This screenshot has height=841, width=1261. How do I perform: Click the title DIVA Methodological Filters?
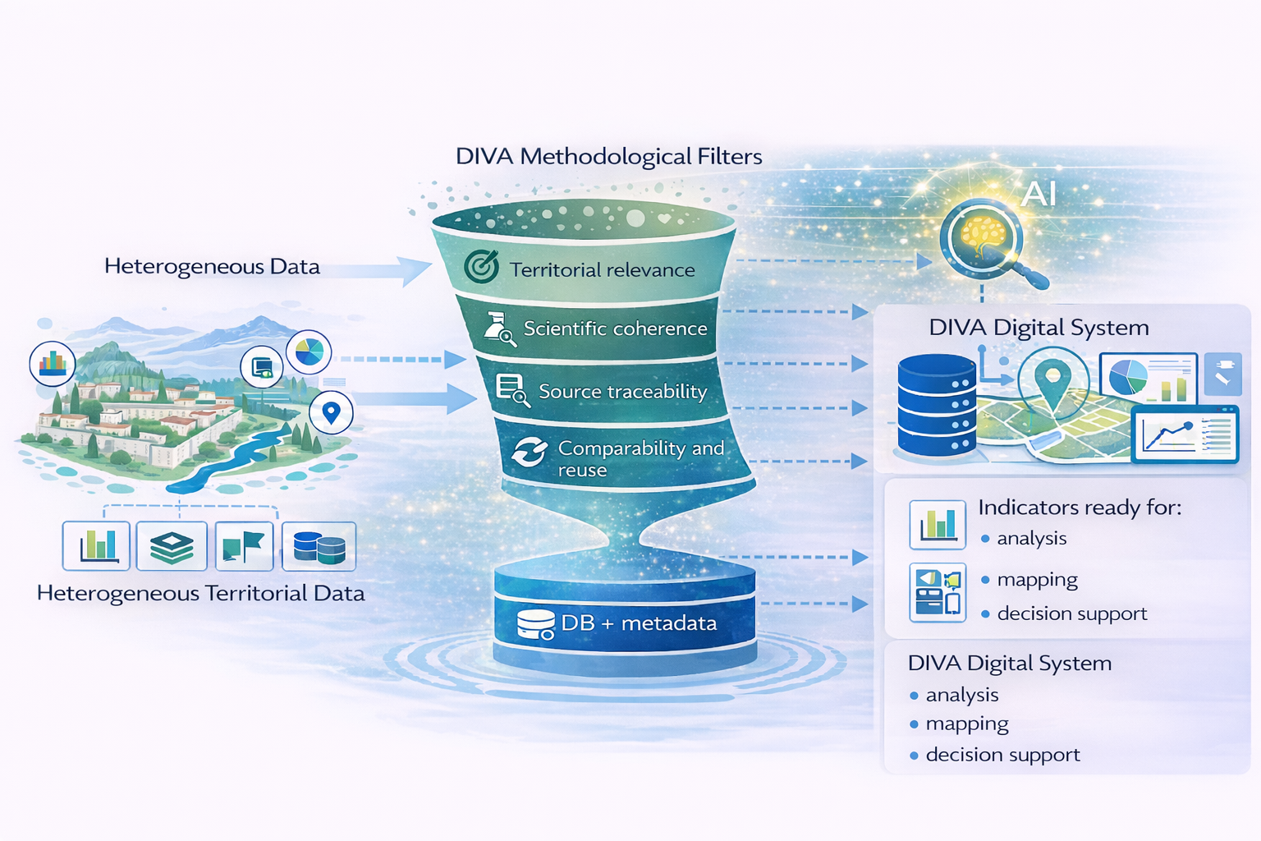[x=608, y=156]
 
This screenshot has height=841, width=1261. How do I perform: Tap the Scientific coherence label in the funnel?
[x=615, y=329]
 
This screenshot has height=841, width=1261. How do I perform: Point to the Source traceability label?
[x=622, y=392]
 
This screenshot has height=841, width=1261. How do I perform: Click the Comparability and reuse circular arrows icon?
[x=530, y=453]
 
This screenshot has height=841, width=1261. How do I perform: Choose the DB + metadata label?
[x=639, y=623]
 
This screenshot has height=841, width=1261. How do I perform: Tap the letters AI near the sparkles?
[x=1039, y=194]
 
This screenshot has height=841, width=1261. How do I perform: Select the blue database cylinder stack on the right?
[x=936, y=405]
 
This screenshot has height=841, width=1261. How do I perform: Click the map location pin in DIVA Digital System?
[x=1052, y=381]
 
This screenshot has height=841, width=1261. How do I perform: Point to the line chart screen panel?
[x=1185, y=434]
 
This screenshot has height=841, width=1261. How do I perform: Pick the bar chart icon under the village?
[x=96, y=545]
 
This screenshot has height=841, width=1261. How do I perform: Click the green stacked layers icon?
[x=172, y=546]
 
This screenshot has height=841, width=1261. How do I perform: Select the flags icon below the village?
[x=244, y=546]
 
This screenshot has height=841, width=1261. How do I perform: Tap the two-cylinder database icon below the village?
[x=319, y=546]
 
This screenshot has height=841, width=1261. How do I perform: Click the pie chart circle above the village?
[x=309, y=352]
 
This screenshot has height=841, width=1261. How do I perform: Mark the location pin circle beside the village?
[x=331, y=412]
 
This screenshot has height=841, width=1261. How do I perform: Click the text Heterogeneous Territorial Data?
[x=200, y=593]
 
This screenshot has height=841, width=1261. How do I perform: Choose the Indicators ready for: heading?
[x=1080, y=508]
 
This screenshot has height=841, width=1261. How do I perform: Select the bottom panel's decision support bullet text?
[x=1002, y=755]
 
